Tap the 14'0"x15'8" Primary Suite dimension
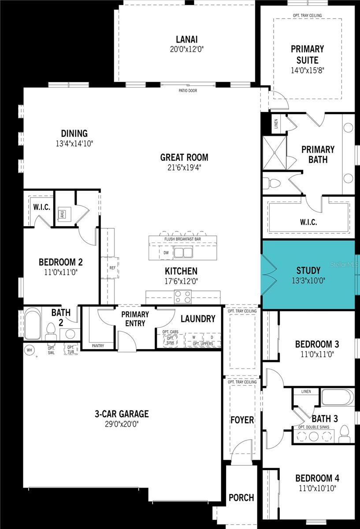307,70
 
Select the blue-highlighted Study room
308,274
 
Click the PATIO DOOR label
188,91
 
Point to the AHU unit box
62,214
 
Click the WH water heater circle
30,350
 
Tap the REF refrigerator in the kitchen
112,268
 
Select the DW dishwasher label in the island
166,253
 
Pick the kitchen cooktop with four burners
183,297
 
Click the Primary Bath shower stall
275,153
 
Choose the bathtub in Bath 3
337,397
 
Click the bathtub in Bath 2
33,325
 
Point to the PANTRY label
98,346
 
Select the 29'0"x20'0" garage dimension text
122,424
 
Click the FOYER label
242,420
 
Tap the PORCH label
241,498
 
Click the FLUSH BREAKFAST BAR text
182,239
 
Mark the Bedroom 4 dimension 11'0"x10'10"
317,488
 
